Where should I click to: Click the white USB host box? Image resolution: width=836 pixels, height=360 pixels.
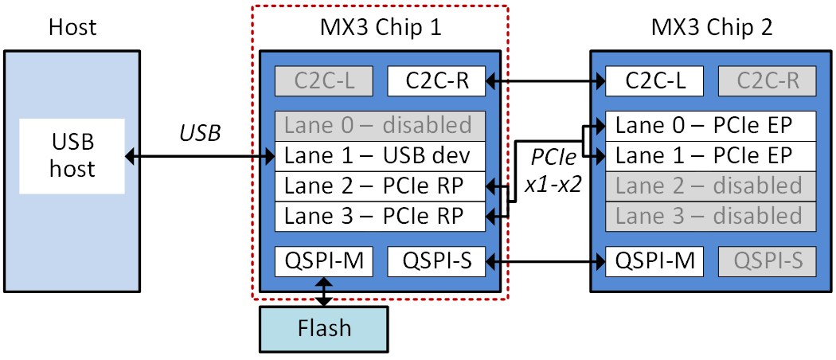click(x=72, y=156)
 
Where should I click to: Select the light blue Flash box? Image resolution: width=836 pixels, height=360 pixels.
click(x=323, y=329)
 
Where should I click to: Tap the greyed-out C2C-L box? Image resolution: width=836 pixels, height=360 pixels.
click(x=324, y=80)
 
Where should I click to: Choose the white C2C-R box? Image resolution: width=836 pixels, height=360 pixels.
click(x=436, y=80)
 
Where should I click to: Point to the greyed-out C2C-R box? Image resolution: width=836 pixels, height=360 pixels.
click(x=768, y=80)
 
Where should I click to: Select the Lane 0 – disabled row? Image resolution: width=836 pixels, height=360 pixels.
click(x=380, y=126)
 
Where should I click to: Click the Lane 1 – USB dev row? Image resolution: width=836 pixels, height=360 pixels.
click(x=380, y=156)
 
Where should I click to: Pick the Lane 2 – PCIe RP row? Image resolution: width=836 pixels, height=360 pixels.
click(x=380, y=186)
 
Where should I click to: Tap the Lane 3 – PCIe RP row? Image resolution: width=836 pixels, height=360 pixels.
click(x=380, y=216)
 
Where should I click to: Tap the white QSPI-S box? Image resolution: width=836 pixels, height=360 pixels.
click(x=436, y=260)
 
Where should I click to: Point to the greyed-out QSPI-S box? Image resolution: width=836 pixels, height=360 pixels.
click(x=768, y=260)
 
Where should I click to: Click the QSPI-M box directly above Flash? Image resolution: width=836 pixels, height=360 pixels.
click(x=324, y=260)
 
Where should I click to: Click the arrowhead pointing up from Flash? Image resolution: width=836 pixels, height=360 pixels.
click(x=324, y=281)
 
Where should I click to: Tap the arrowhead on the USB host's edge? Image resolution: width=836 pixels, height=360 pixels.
click(x=131, y=157)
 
